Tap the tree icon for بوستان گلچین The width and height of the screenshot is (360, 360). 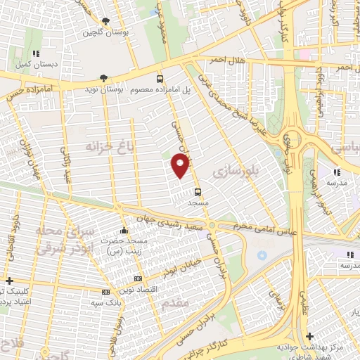(x=105, y=21)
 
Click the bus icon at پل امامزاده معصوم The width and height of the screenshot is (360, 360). (x=160, y=79)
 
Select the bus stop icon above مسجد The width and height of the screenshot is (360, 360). (x=198, y=191)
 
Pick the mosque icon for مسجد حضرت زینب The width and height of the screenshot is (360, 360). (x=124, y=230)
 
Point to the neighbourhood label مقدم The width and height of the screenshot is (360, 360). (x=174, y=302)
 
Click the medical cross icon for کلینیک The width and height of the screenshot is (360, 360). (x=8, y=280)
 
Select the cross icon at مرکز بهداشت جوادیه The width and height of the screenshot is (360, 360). (x=311, y=337)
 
